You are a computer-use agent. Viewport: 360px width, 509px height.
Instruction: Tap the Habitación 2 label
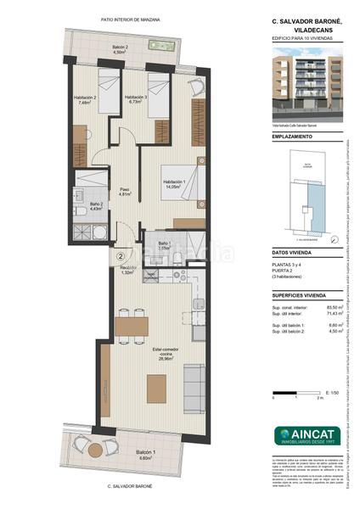[x=83, y=99]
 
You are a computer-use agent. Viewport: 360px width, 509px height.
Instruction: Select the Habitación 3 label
[x=137, y=99]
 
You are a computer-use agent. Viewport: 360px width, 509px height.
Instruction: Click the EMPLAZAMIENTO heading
[x=292, y=136]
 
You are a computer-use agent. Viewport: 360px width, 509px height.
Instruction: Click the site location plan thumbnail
[x=312, y=196]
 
